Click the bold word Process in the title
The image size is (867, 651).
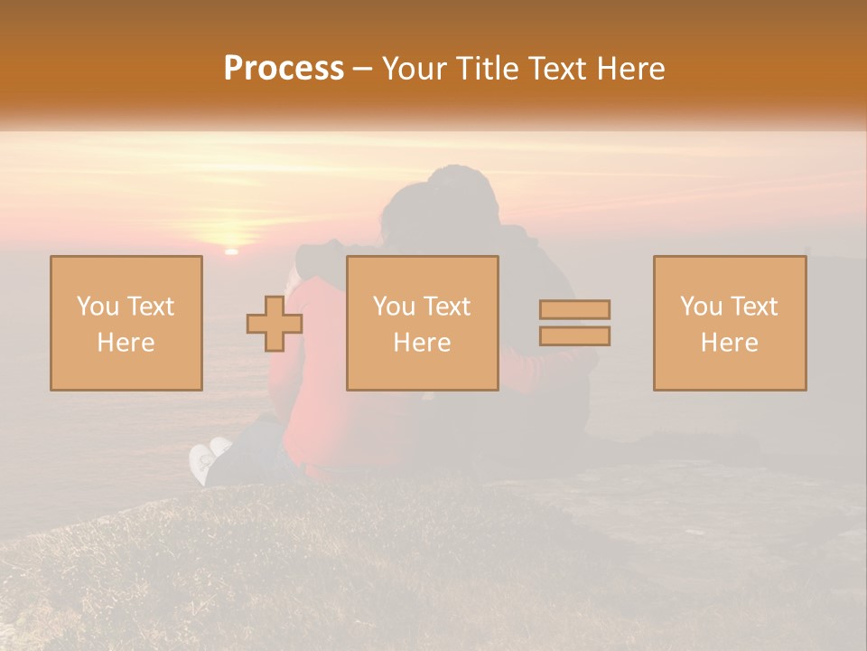284,69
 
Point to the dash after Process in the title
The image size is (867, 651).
362,70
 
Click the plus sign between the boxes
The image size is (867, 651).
275,324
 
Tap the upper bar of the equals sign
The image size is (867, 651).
574,309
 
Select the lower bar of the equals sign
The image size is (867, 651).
574,336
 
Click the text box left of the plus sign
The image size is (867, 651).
126,323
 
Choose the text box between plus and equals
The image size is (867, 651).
422,323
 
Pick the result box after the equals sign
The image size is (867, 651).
730,323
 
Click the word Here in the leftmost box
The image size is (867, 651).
126,343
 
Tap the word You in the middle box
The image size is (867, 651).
394,307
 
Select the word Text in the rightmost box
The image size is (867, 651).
754,307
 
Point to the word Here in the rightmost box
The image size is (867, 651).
730,343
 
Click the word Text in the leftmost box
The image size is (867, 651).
150,307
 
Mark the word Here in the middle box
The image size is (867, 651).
422,343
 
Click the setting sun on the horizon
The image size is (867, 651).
231,250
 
